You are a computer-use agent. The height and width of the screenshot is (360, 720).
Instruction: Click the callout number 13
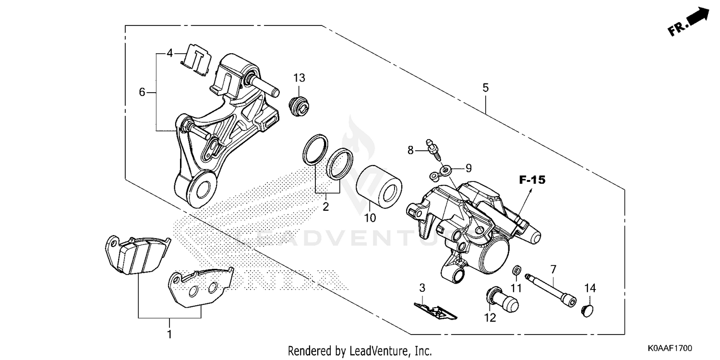point(300,78)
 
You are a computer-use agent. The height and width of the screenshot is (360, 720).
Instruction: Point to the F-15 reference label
point(532,180)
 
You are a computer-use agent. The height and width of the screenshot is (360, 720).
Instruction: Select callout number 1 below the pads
point(169,333)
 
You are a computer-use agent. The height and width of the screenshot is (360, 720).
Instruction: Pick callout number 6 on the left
point(142,92)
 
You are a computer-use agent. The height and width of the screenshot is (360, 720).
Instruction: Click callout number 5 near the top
point(485,88)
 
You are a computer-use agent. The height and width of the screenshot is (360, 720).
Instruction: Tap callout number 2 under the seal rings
point(325,207)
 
